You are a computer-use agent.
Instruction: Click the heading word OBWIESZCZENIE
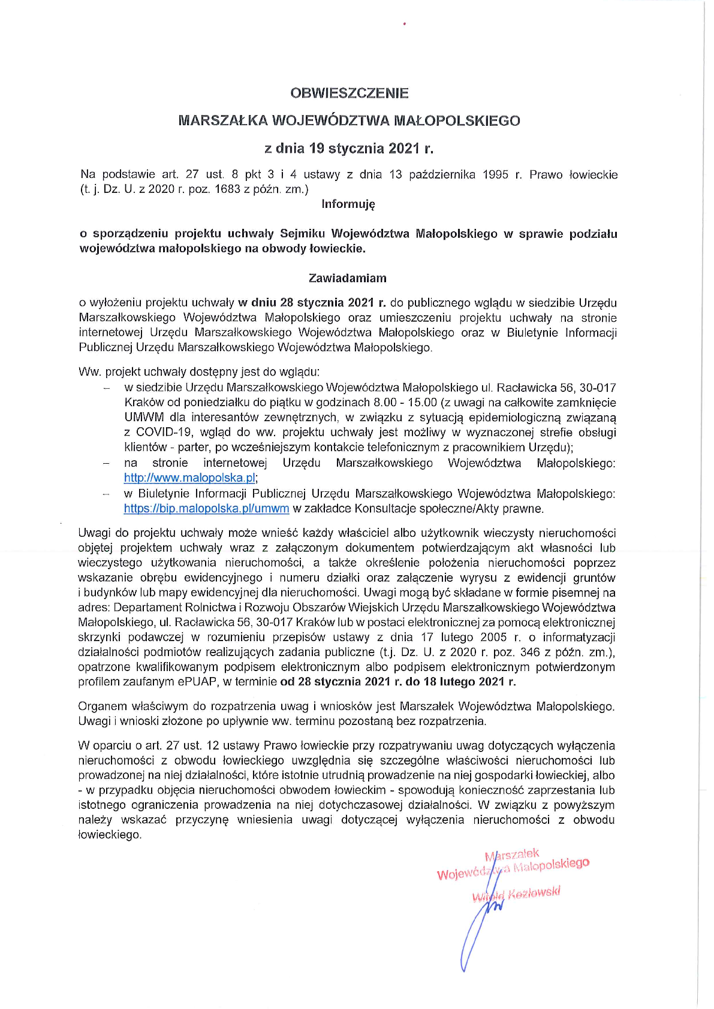click(x=350, y=93)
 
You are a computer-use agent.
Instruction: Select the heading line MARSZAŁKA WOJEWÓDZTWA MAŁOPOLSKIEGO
click(x=350, y=120)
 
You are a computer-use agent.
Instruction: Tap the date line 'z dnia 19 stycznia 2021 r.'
click(x=350, y=148)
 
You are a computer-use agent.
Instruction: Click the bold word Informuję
click(x=348, y=204)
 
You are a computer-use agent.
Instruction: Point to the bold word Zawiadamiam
click(x=348, y=278)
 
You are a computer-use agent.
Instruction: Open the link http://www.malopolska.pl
click(x=190, y=478)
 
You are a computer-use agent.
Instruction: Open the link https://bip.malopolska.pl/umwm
click(x=206, y=509)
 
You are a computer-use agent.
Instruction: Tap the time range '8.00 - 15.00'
click(x=408, y=403)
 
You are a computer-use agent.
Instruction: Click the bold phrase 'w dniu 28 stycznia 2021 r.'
click(x=312, y=303)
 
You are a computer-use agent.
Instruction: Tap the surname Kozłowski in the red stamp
click(x=534, y=893)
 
